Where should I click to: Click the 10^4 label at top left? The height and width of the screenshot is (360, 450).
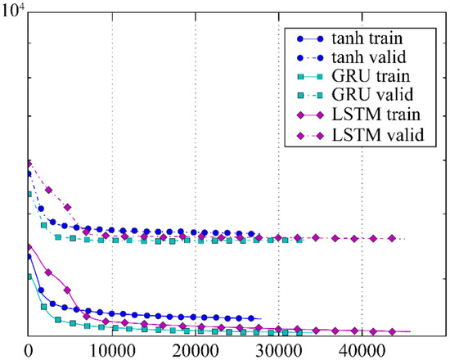[x=18, y=10]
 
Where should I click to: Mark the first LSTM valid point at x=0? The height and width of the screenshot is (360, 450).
[x=29, y=164]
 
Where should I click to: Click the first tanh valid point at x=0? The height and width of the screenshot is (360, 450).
[x=29, y=174]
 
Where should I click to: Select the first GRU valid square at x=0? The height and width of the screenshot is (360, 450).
[x=29, y=194]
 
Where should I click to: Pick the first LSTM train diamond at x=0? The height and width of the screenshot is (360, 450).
[x=29, y=246]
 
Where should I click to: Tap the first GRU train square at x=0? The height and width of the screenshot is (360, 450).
[x=29, y=277]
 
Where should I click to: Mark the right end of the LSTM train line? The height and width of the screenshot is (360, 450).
[x=410, y=331]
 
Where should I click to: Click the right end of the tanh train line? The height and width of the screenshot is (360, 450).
[x=260, y=319]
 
